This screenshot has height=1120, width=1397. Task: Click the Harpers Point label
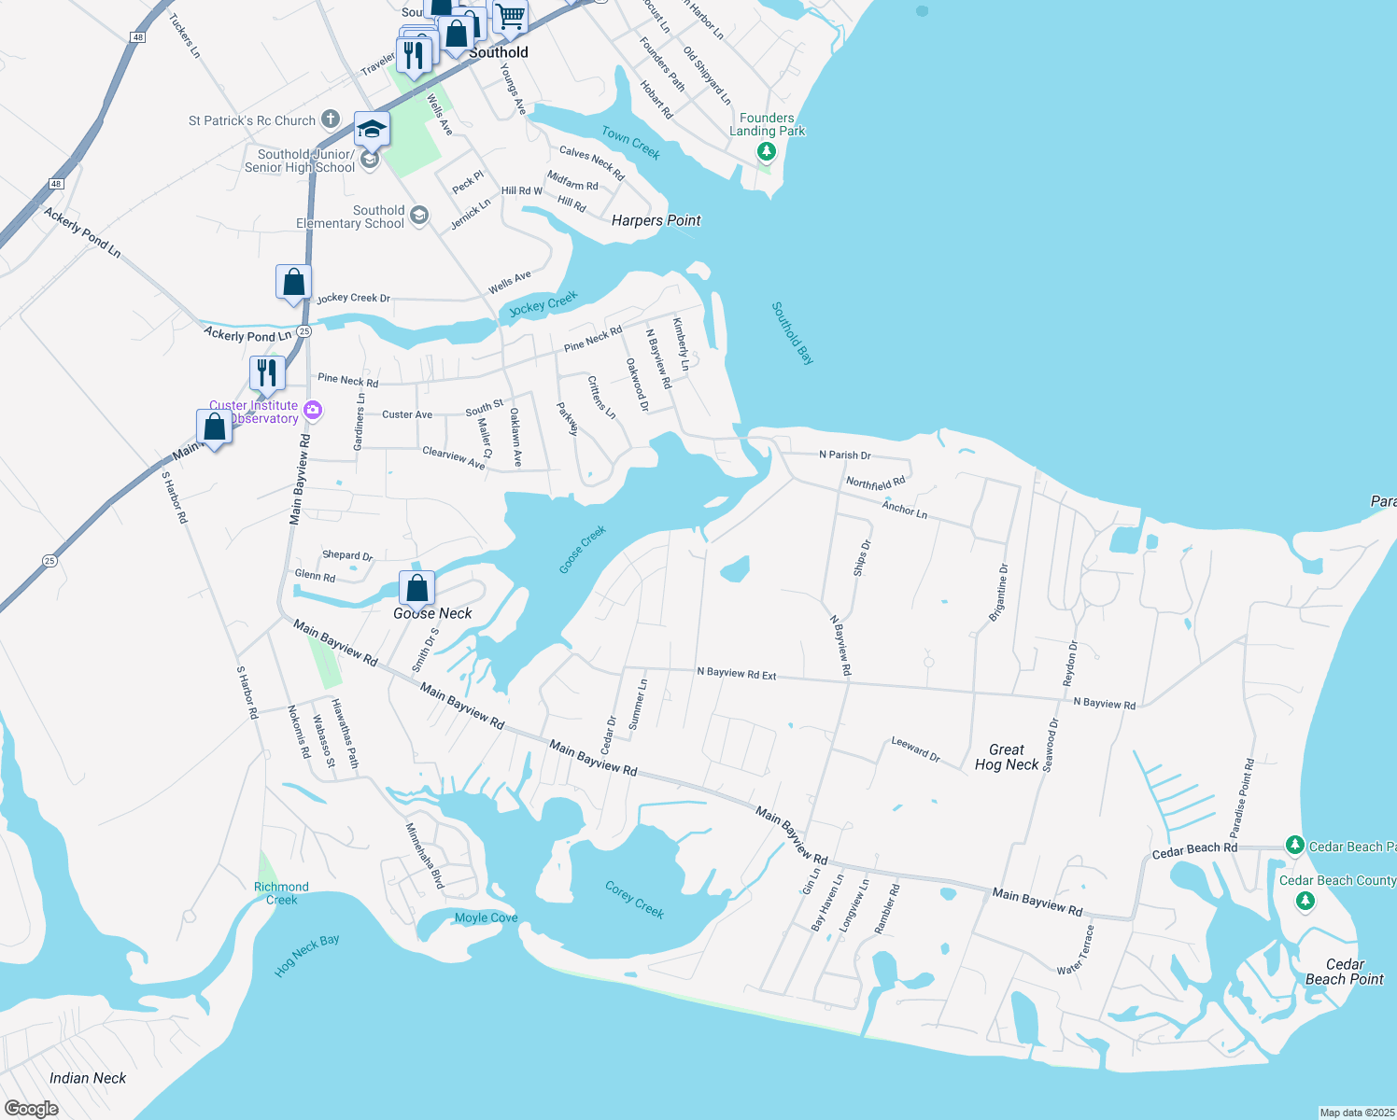[x=656, y=220]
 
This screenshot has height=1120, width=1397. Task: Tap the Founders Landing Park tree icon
[x=767, y=151]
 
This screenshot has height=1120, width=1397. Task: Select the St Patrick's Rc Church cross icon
[x=330, y=119]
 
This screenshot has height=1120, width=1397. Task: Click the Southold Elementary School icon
[x=419, y=217]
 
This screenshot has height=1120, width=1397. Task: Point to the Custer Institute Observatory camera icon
[x=313, y=411]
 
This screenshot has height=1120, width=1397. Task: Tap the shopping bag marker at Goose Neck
[x=417, y=588]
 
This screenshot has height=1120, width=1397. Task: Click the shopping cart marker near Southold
[x=510, y=16]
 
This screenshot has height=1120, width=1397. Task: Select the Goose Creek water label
[x=583, y=549]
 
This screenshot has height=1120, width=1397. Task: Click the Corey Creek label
[x=634, y=900]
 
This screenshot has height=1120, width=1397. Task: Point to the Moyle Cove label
[x=486, y=917]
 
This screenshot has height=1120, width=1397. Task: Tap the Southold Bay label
[x=793, y=333]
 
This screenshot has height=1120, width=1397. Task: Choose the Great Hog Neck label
[x=1006, y=757]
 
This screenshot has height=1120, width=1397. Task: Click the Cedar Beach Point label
[x=1344, y=972]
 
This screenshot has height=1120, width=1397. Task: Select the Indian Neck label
[x=88, y=1078]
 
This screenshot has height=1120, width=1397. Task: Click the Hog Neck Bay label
[x=306, y=956]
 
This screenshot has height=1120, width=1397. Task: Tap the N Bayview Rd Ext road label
[x=736, y=673]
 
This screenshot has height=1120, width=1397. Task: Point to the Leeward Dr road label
[x=915, y=749]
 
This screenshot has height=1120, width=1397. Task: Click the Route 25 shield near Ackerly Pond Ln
[x=304, y=331]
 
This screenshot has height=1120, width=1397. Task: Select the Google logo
[x=31, y=1108]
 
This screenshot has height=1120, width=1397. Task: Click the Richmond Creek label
[x=281, y=893]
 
